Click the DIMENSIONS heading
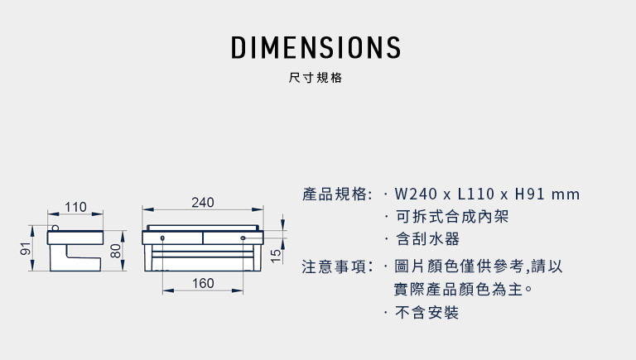[x=316, y=47]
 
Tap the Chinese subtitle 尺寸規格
[x=316, y=78]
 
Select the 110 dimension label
[x=75, y=207]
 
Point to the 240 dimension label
[x=203, y=202]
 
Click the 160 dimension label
[x=203, y=283]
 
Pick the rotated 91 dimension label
[x=25, y=249]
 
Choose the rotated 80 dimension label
[x=116, y=251]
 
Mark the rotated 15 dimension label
[x=276, y=257]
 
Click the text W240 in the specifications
[x=416, y=194]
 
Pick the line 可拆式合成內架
[x=451, y=217]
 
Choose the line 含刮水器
[x=427, y=239]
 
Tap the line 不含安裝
[x=426, y=313]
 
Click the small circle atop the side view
[x=55, y=228]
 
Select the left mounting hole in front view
[x=162, y=238]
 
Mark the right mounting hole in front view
[x=243, y=238]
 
